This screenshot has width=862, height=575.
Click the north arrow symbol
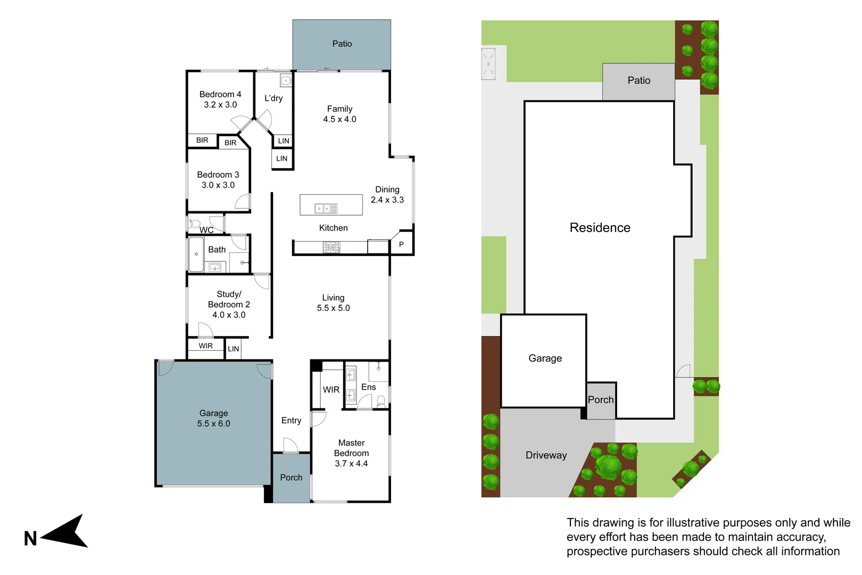(x=67, y=532)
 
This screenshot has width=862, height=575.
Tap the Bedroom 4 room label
(x=220, y=94)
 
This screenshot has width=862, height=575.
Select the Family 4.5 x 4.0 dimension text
(x=339, y=119)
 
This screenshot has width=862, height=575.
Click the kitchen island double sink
(x=326, y=209)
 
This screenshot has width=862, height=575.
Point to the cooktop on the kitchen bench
(x=331, y=247)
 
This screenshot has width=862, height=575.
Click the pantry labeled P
(x=401, y=244)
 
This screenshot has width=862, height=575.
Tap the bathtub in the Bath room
(x=196, y=254)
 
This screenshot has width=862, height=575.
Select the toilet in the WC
(x=194, y=223)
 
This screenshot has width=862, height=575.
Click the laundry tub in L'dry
(x=286, y=81)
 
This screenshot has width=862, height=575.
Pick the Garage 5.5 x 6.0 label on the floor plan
(x=213, y=418)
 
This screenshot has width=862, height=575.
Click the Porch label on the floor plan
(x=291, y=478)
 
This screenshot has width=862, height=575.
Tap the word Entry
(x=291, y=421)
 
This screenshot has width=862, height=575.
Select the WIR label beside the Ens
(x=331, y=390)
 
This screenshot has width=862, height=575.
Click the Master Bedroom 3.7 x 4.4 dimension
(x=351, y=464)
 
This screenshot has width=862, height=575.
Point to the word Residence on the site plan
(x=600, y=228)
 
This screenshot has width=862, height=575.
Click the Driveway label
(x=546, y=455)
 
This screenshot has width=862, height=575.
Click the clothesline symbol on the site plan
(x=488, y=64)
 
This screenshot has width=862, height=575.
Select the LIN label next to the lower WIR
(x=234, y=349)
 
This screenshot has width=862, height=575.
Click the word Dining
(x=387, y=190)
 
